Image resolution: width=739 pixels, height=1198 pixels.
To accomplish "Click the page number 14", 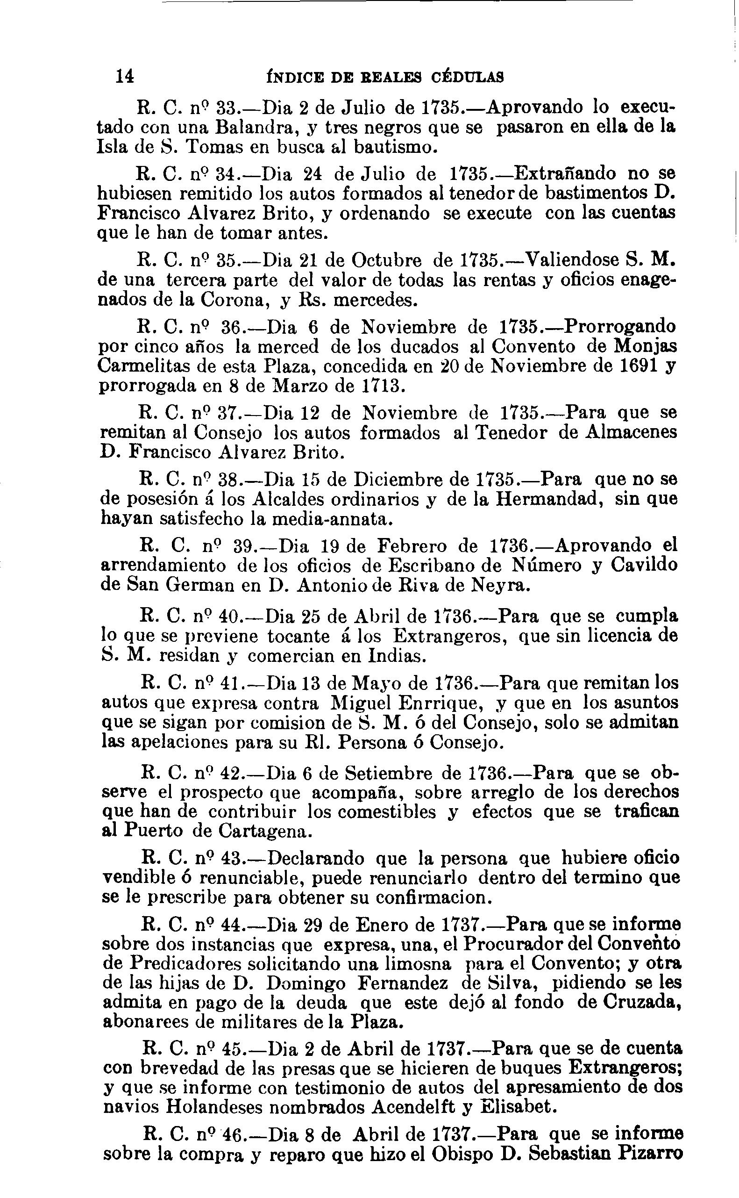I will [x=126, y=77].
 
